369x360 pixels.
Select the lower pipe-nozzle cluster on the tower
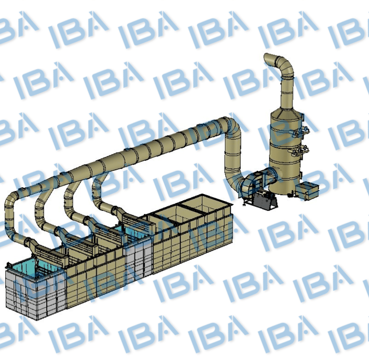click(x=300, y=151)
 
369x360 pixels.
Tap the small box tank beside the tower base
click(x=307, y=191)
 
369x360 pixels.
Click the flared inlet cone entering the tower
click(x=271, y=176)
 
